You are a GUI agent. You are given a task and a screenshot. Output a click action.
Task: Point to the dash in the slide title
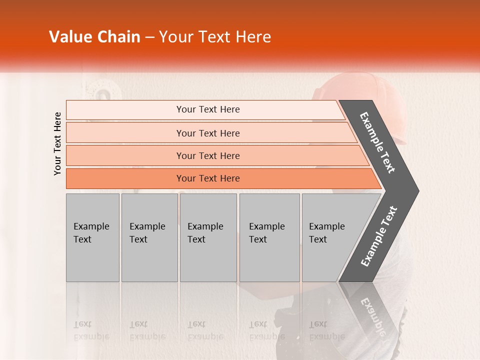tap(149, 37)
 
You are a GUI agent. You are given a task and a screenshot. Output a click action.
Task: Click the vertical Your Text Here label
tap(57, 143)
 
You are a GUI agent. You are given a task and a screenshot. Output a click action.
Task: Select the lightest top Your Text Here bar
tap(207, 109)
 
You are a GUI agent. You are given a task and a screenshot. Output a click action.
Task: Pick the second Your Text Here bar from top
tap(207, 133)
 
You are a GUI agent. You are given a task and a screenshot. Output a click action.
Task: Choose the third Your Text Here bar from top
tap(207, 156)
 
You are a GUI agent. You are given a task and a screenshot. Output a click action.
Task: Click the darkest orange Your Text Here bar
tap(207, 178)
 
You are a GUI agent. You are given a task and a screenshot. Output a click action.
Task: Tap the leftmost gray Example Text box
tap(92, 237)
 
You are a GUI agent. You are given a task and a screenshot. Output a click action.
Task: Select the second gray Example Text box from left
tap(149, 237)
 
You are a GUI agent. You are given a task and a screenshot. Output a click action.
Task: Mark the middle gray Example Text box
tap(208, 237)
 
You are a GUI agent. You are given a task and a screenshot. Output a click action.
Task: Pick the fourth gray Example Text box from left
tap(269, 237)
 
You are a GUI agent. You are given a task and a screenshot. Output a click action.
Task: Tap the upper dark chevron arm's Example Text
tap(377, 142)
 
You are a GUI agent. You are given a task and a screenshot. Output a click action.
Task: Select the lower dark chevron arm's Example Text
tap(379, 236)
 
